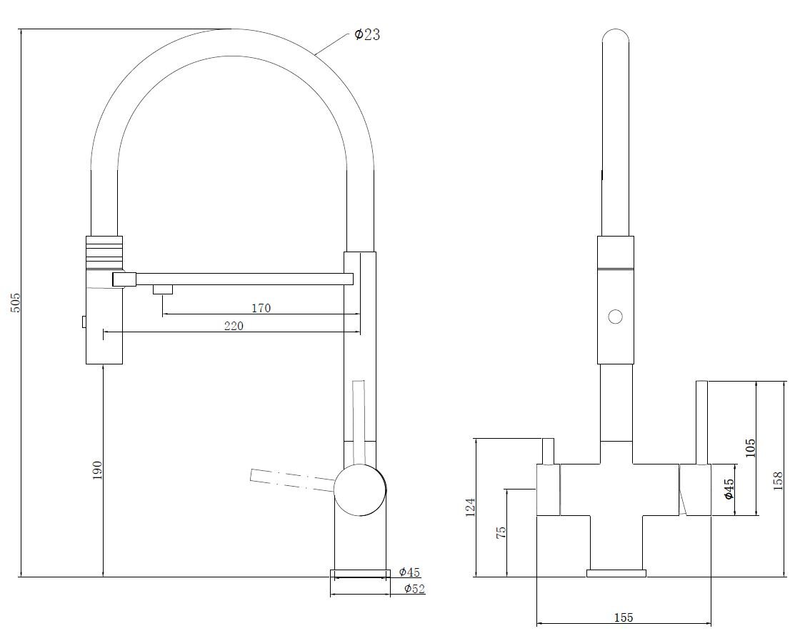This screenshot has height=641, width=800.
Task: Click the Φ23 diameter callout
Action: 367,35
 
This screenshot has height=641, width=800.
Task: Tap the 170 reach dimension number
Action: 261,308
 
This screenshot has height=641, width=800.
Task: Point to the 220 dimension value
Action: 234,326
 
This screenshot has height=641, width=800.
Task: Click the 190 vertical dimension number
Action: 97,470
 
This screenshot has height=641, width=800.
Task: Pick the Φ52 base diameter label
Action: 414,588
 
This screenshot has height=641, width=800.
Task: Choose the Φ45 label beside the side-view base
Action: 409,572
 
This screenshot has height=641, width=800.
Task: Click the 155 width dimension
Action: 624,618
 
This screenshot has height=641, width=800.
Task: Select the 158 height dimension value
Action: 778,481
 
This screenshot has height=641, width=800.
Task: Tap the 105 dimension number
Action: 750,448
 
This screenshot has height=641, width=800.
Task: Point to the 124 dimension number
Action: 470,508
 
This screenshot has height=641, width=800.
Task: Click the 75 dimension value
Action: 501,532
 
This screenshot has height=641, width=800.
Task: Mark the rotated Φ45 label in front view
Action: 729,489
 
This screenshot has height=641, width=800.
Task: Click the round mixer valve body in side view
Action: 360,490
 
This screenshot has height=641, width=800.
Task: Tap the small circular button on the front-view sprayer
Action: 615,317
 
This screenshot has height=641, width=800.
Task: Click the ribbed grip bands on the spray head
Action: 104,252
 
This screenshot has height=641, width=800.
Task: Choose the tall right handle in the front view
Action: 702,422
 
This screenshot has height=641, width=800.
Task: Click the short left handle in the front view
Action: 548,451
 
